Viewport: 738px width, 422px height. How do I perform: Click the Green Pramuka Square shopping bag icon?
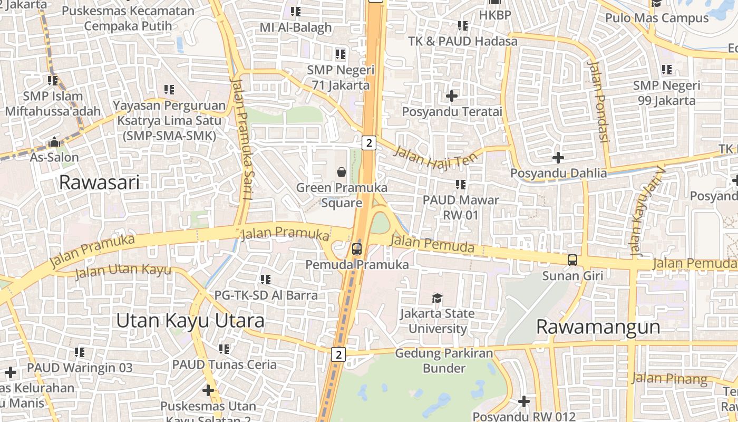pos(342,172)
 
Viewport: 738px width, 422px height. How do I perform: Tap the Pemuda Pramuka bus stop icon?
pos(357,248)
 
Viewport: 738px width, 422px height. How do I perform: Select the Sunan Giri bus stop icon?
pos(572,260)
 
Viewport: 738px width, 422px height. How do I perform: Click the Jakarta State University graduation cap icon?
pos(437,299)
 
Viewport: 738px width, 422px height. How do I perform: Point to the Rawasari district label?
pos(99,183)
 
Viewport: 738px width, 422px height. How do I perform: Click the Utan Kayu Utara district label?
pos(190,320)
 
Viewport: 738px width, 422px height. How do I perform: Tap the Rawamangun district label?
pos(598,327)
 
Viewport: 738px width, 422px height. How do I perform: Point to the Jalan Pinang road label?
pos(669,378)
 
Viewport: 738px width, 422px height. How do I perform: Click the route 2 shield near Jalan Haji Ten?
pos(369,142)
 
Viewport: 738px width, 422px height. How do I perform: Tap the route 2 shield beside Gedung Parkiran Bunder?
pos(338,354)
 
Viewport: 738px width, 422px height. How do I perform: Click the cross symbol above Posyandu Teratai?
pos(452,96)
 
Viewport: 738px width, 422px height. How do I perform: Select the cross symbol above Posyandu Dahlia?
pos(558,157)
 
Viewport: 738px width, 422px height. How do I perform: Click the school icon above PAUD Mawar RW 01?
pos(461,185)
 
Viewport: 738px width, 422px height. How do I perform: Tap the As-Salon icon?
pos(54,142)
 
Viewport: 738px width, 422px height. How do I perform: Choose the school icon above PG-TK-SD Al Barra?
pos(266,279)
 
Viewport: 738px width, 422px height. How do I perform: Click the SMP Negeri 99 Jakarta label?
pos(666,93)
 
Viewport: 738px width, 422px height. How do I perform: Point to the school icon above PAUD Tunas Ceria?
pos(224,349)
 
